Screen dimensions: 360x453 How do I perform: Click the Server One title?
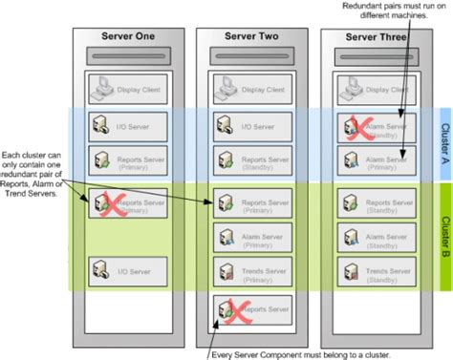point(127,36)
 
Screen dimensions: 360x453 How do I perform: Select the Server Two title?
point(252,36)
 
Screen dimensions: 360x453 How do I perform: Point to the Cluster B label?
point(444,219)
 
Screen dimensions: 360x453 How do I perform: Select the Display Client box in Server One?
point(127,93)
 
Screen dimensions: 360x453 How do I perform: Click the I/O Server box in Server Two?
point(252,125)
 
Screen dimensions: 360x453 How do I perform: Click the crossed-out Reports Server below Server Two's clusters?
point(252,310)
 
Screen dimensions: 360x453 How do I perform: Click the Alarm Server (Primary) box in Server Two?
point(252,238)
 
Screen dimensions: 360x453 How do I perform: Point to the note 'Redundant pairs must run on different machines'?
point(391,12)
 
